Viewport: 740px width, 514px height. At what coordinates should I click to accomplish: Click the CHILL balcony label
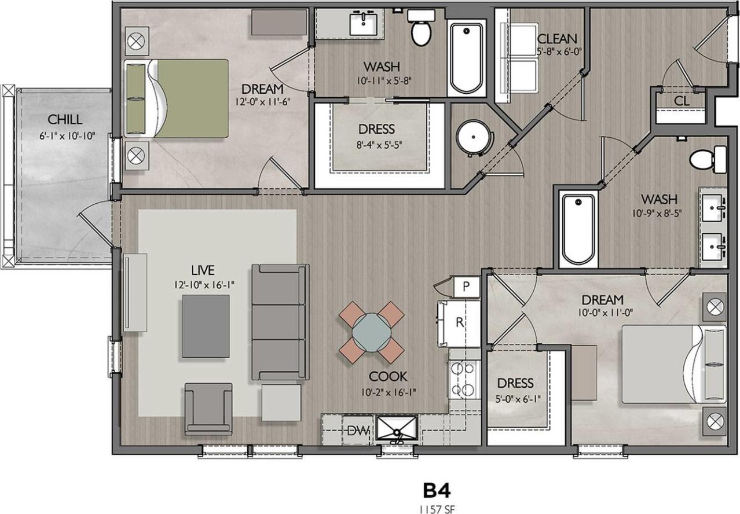pos(64,120)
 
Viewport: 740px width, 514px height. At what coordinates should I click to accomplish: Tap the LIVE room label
pos(203,270)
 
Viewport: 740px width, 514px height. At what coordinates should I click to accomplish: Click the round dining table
pos(371,331)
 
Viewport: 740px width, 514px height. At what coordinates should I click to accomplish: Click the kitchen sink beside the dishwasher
pos(397,428)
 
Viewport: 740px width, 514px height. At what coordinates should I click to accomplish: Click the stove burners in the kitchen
pos(463,379)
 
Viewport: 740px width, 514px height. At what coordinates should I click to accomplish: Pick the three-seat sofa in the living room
pos(280,322)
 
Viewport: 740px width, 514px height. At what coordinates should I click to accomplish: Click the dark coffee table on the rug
pos(205,326)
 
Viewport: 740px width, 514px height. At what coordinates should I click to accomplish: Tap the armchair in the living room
pos(208,408)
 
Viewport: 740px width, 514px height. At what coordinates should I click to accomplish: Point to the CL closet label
pos(682,101)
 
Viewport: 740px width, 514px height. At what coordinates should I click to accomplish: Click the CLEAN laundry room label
pos(556,39)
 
